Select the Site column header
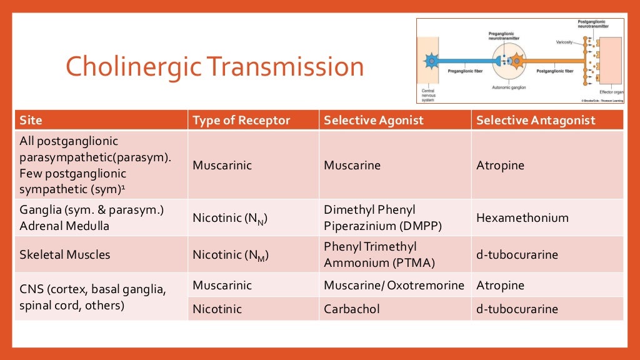coord(31,120)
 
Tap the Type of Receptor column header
coord(241,120)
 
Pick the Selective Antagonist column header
coord(536,120)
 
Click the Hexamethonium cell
coord(522,218)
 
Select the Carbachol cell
coord(351,309)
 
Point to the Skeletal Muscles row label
coord(65,254)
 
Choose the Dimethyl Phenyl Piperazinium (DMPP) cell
coord(382,218)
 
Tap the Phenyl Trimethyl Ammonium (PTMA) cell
coord(379,254)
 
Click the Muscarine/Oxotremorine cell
coord(394,286)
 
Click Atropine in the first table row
coord(500,166)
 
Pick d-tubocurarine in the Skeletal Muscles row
coord(516,254)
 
